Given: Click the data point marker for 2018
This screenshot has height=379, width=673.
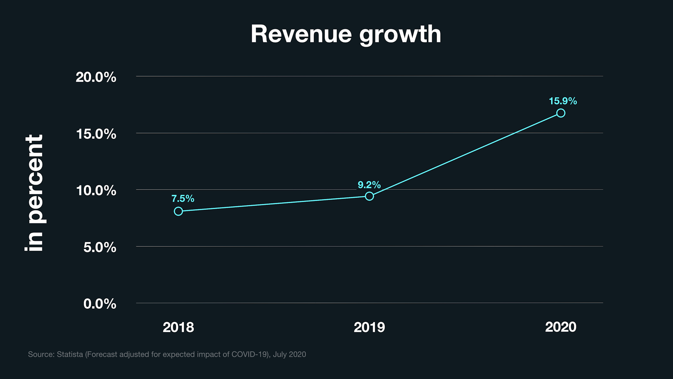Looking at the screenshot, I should pyautogui.click(x=178, y=211).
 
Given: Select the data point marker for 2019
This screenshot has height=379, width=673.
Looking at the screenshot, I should pyautogui.click(x=369, y=196).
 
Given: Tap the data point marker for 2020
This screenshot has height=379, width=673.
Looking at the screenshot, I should pyautogui.click(x=561, y=113).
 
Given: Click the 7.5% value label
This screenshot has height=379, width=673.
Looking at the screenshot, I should pyautogui.click(x=183, y=199).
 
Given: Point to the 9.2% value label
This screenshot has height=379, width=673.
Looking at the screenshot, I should pyautogui.click(x=369, y=185).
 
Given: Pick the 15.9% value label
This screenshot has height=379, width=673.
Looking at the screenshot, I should pyautogui.click(x=563, y=101).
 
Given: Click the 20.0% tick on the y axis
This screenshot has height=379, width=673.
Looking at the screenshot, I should pyautogui.click(x=96, y=77).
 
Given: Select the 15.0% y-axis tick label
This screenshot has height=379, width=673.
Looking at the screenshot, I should pyautogui.click(x=96, y=134).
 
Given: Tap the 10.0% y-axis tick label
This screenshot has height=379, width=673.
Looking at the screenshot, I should pyautogui.click(x=96, y=191).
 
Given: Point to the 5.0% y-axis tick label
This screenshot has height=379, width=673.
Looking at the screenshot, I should pyautogui.click(x=100, y=247).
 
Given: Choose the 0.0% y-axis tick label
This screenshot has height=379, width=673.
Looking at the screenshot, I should pyautogui.click(x=100, y=304).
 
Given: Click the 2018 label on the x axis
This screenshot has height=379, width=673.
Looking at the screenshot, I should pyautogui.click(x=178, y=327).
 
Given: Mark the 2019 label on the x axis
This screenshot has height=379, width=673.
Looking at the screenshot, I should pyautogui.click(x=369, y=327).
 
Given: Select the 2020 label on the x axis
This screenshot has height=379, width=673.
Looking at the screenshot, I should pyautogui.click(x=561, y=327).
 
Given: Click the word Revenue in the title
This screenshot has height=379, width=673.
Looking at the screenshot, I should pyautogui.click(x=301, y=34).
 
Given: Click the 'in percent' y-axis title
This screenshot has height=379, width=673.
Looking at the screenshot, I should pyautogui.click(x=35, y=193).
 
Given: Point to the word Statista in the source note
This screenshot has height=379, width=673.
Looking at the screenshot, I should pyautogui.click(x=70, y=354).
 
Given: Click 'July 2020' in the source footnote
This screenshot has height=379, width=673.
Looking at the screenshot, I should pyautogui.click(x=290, y=354).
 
